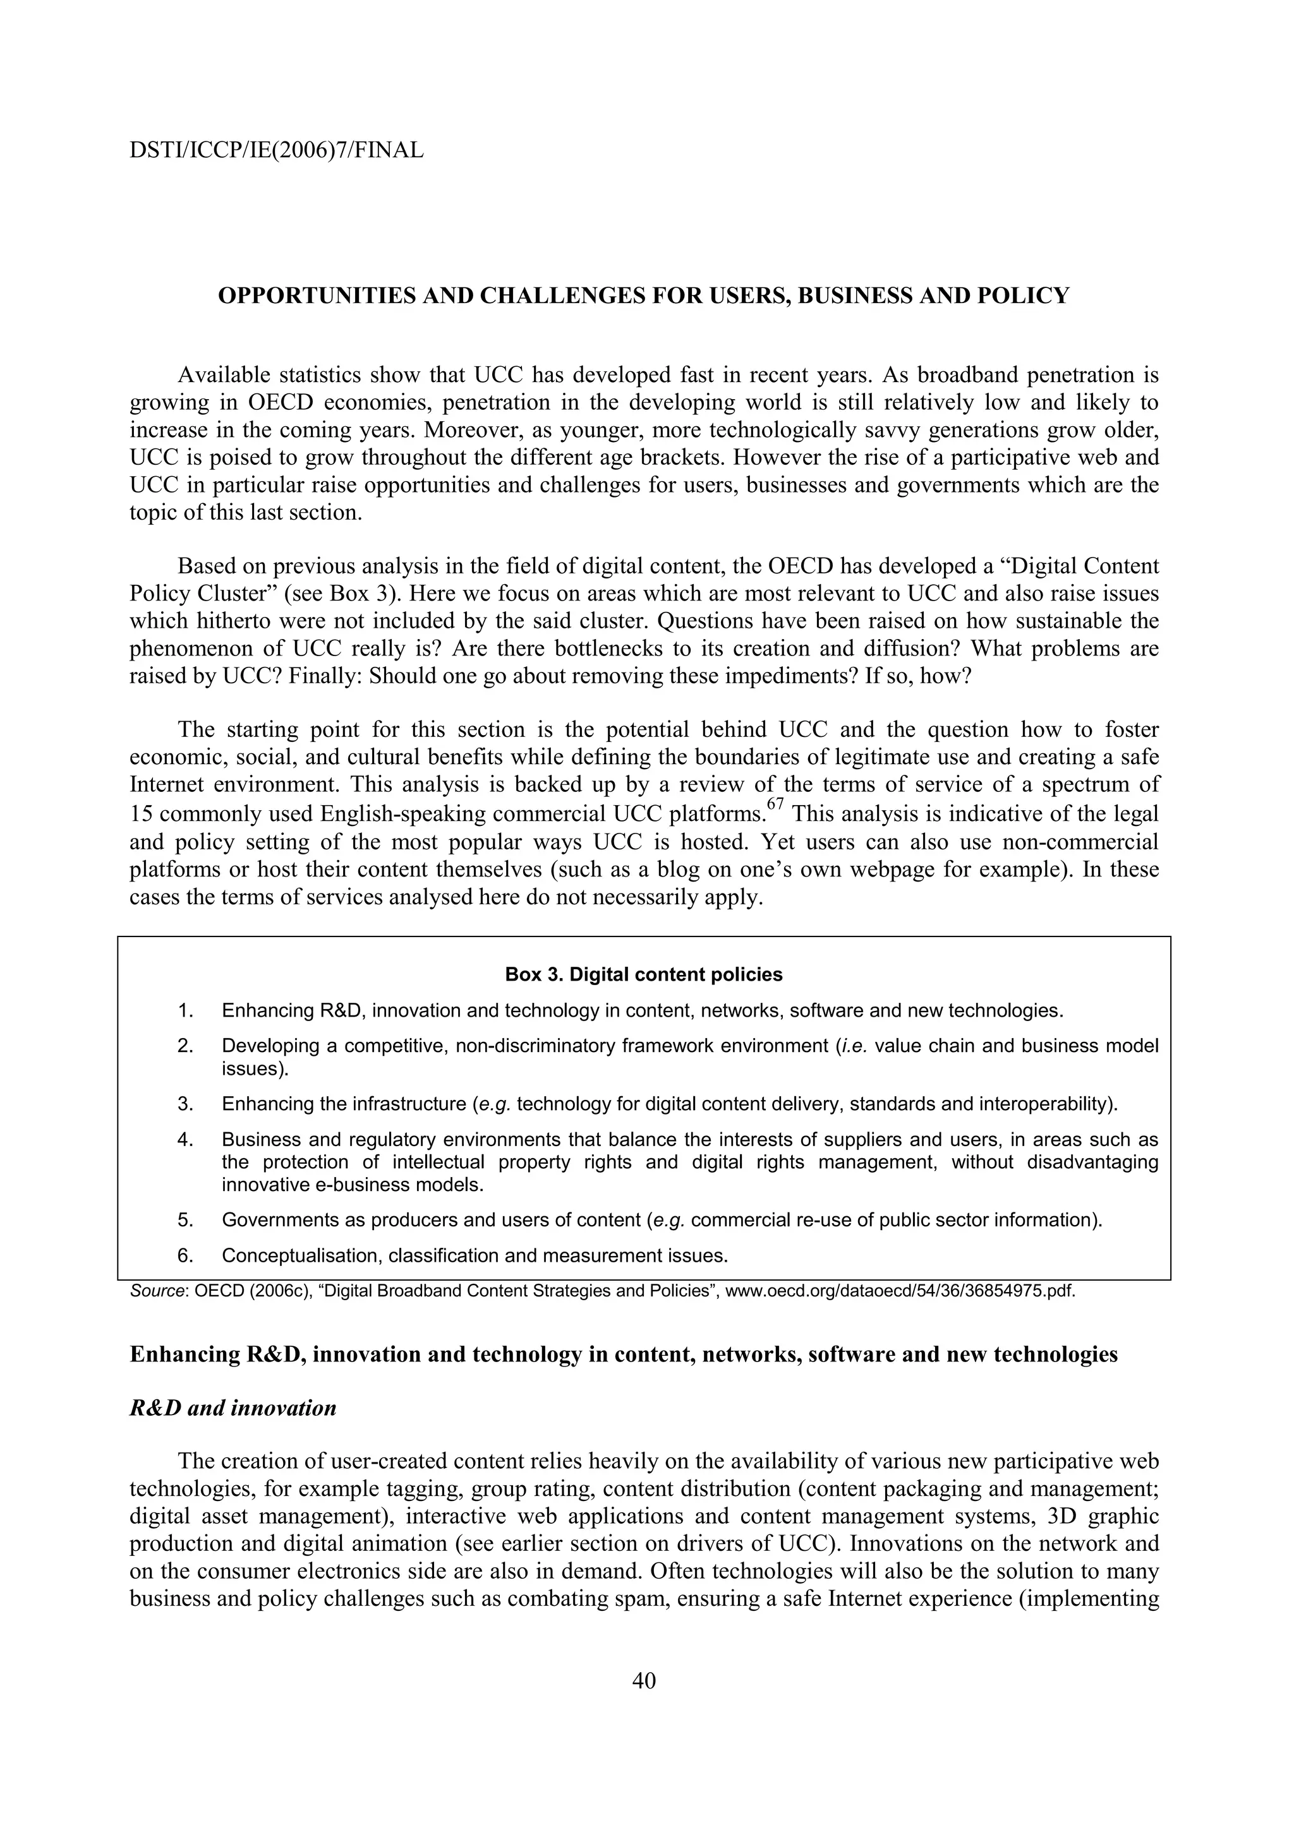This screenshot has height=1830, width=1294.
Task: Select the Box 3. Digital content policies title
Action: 643,974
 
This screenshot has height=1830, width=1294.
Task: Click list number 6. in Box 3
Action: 186,1256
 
